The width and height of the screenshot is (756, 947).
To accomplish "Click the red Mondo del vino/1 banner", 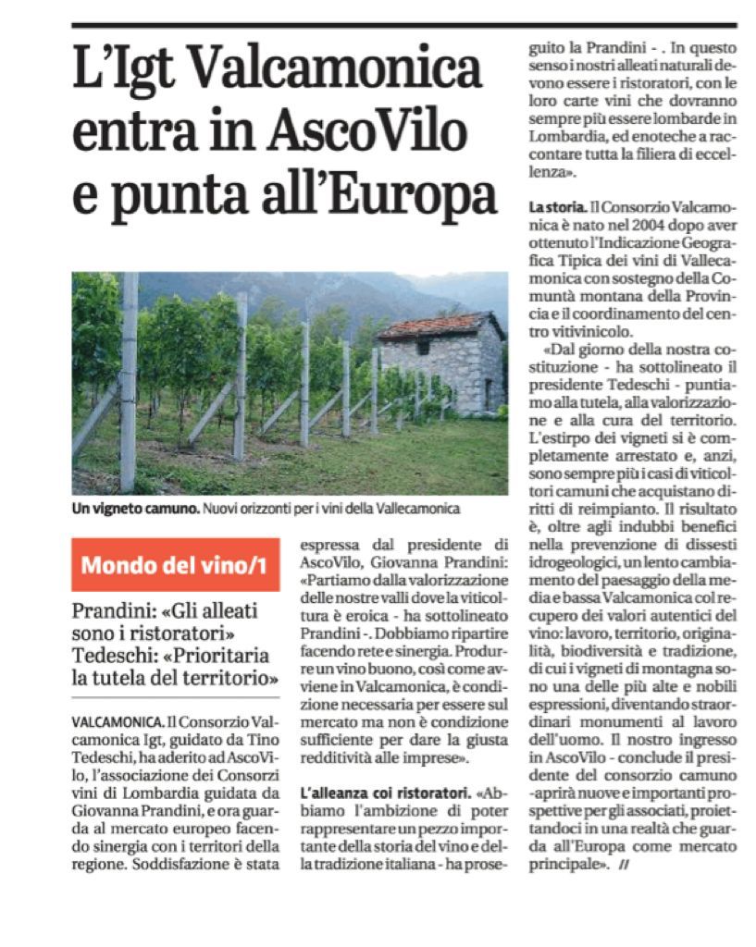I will (176, 564).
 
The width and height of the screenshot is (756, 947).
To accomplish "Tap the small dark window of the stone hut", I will (423, 350).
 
